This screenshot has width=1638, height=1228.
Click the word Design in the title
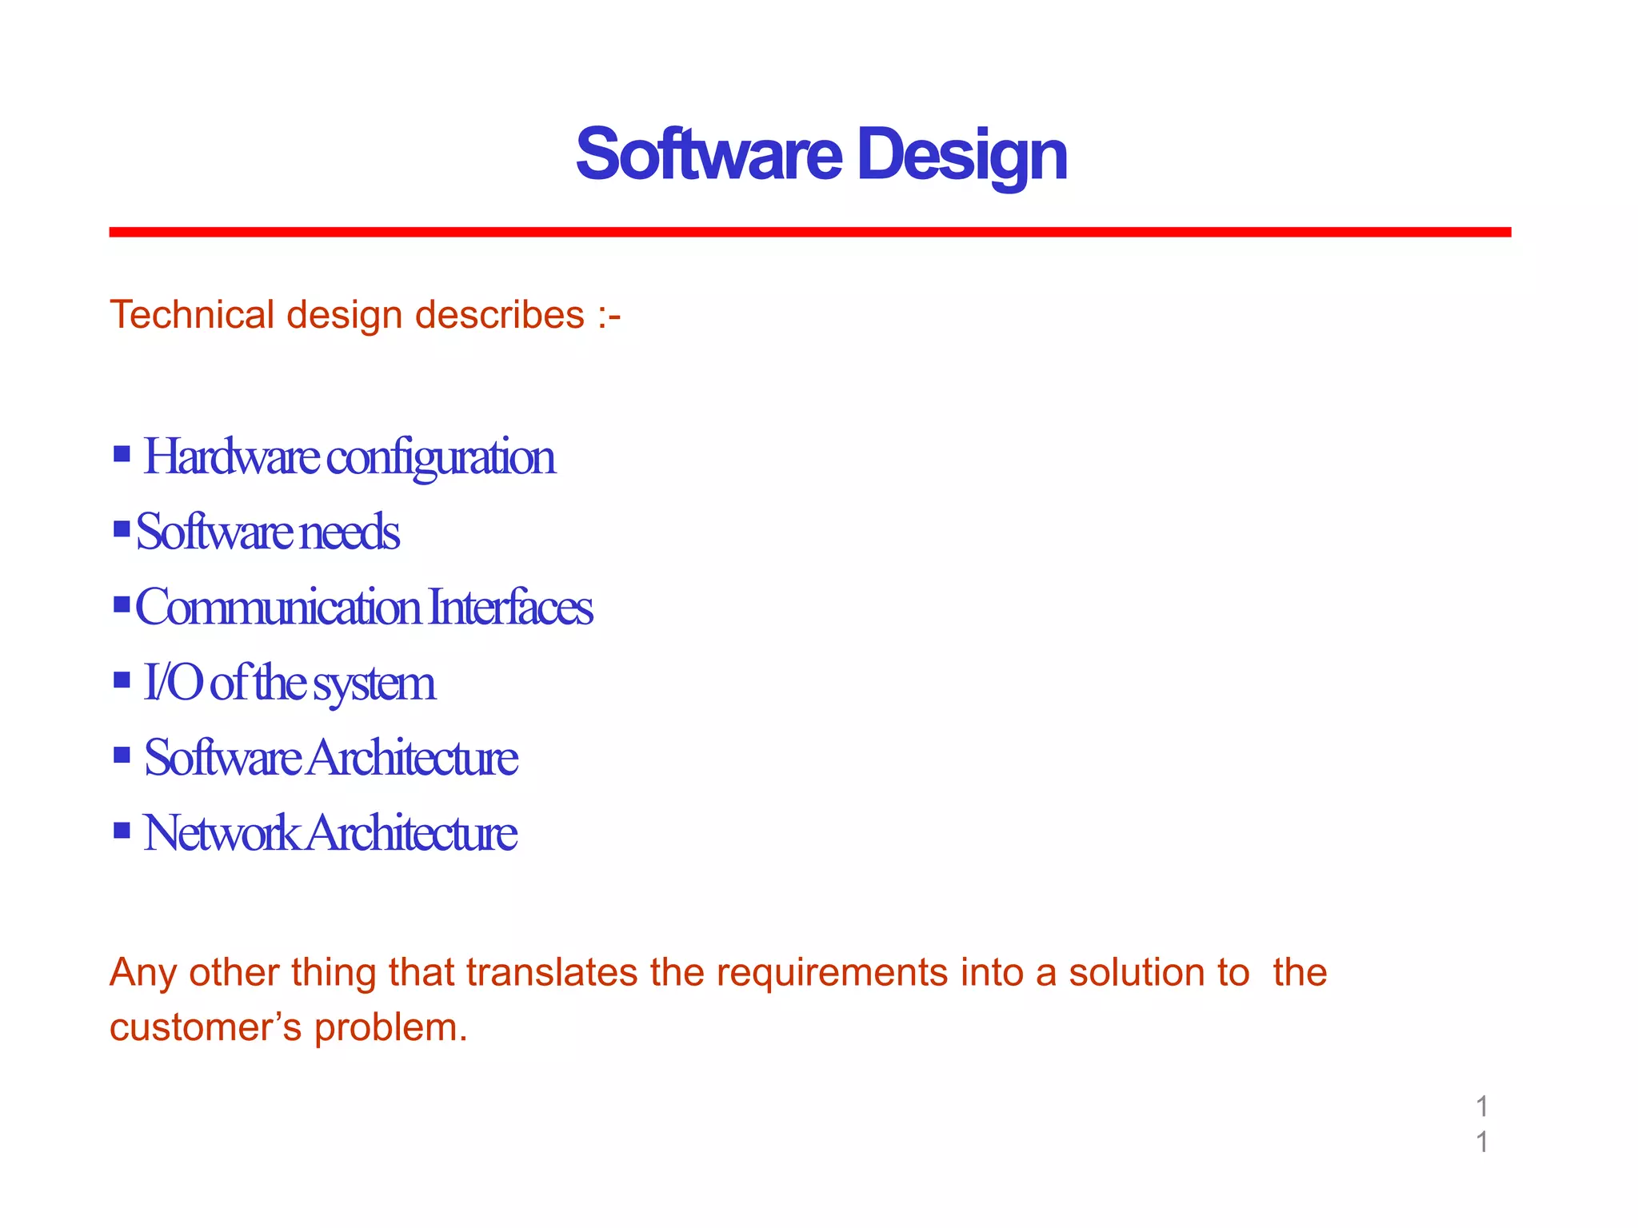coord(961,155)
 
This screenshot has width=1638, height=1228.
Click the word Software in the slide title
coord(709,155)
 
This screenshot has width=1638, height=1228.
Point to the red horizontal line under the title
coord(809,232)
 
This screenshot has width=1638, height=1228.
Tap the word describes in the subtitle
coord(500,315)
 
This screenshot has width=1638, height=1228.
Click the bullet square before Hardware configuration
coord(122,455)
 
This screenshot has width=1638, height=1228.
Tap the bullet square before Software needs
coord(122,528)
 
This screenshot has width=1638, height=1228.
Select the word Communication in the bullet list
coord(278,607)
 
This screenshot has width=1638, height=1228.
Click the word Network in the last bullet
coord(220,832)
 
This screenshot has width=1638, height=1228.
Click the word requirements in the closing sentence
coord(832,973)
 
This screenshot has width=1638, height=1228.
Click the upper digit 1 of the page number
coord(1482,1106)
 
